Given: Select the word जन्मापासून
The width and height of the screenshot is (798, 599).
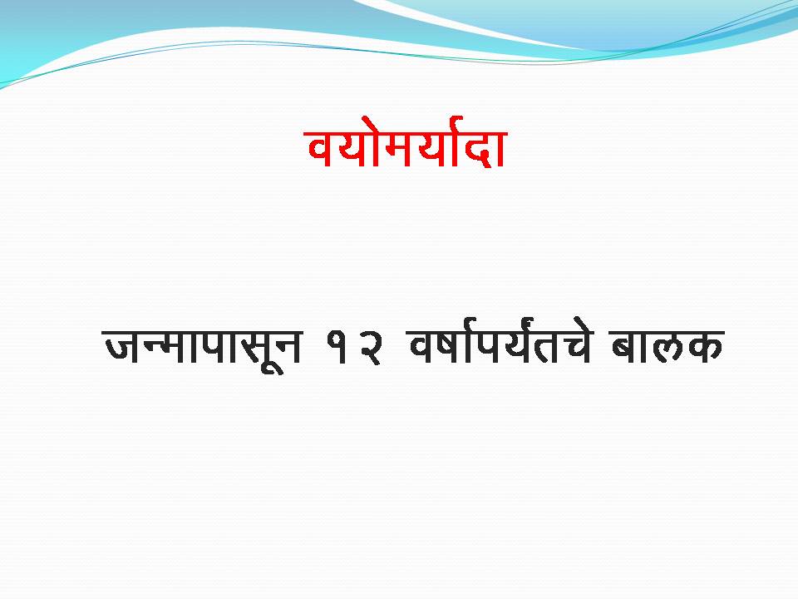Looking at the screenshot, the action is [203, 349].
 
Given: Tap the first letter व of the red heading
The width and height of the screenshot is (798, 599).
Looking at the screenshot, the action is [323, 149].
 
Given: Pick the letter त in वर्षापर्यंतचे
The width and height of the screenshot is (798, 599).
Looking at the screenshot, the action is [548, 347].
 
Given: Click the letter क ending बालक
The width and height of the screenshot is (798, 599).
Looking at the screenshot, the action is [706, 347].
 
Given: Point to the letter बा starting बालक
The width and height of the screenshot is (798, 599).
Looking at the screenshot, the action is [630, 347].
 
